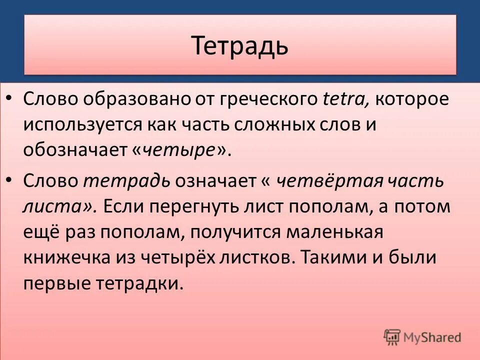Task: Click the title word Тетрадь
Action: coord(240,45)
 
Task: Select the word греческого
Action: coord(260,99)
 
